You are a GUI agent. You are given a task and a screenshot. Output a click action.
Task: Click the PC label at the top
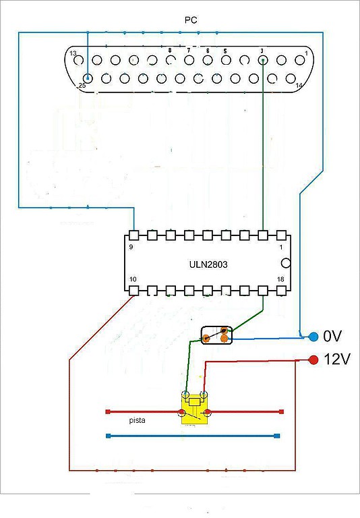pyautogui.click(x=191, y=20)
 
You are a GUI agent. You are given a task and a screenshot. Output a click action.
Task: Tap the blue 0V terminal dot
pyautogui.click(x=313, y=337)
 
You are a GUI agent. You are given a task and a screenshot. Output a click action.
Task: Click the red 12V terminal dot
pyautogui.click(x=313, y=359)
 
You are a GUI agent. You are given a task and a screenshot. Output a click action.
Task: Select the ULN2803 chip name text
pyautogui.click(x=208, y=264)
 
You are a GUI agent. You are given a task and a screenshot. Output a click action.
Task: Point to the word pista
pyautogui.click(x=137, y=421)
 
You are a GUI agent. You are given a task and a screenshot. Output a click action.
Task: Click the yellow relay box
pyautogui.click(x=195, y=408)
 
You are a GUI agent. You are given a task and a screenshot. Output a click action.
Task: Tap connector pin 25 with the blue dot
pyautogui.click(x=88, y=78)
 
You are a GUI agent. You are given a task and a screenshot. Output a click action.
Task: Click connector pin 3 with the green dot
pyautogui.click(x=263, y=60)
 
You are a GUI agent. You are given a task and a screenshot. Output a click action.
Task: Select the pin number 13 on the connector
pyautogui.click(x=73, y=53)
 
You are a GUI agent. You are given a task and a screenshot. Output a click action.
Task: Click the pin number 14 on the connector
pyautogui.click(x=299, y=85)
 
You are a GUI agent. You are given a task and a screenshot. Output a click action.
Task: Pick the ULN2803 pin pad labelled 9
pyautogui.click(x=133, y=235)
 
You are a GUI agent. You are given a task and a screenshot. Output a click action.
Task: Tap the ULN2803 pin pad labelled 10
pyautogui.click(x=133, y=291)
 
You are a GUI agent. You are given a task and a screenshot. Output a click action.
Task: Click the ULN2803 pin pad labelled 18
pyautogui.click(x=281, y=291)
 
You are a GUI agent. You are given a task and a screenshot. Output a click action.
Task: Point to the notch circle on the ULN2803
pyautogui.click(x=286, y=263)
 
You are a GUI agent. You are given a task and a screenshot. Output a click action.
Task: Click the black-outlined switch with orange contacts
pyautogui.click(x=216, y=335)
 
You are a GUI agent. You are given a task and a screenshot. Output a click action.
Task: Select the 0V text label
pyautogui.click(x=332, y=337)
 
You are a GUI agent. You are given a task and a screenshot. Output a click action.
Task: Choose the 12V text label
pyautogui.click(x=336, y=359)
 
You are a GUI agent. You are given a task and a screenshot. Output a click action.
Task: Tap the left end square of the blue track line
pyautogui.click(x=108, y=436)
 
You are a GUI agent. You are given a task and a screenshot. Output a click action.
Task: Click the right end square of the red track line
pyautogui.click(x=281, y=411)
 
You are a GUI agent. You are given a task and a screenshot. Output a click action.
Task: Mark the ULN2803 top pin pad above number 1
pyautogui.click(x=281, y=235)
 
